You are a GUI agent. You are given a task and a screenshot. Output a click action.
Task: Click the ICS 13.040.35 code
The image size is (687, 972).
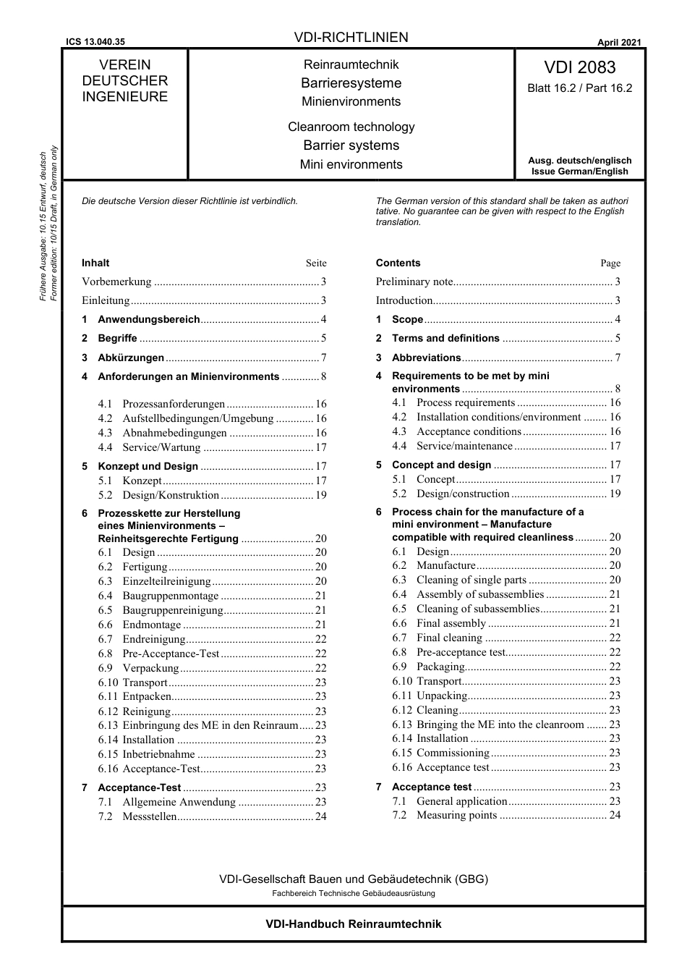coord(95,42)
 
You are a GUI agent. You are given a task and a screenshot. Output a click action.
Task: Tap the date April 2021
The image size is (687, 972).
coord(618,42)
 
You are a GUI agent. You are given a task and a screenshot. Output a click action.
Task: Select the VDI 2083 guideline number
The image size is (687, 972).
coord(579,67)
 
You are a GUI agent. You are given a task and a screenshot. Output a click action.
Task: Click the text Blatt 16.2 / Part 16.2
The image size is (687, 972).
coord(579,88)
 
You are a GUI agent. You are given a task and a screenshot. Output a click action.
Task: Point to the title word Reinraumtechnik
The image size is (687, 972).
coord(351,64)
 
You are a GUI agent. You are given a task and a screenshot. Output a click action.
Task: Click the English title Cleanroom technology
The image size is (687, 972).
coord(351,127)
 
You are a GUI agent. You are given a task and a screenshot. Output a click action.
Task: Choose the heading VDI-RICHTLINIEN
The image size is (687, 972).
coord(351,37)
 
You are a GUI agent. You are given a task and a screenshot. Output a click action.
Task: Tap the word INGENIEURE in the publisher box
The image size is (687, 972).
coord(124,97)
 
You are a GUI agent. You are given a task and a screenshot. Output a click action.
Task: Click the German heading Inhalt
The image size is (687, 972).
coord(95,263)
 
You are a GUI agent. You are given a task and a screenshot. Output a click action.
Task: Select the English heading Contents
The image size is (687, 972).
coord(398,263)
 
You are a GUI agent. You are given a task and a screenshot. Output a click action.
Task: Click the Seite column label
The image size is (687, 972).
coord(316,263)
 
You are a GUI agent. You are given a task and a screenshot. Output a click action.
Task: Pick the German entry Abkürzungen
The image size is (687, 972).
coord(131,358)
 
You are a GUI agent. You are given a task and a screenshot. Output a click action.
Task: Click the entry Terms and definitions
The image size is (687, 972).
coord(445,338)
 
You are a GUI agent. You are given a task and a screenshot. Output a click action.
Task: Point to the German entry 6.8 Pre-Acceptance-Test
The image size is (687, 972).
coord(171,654)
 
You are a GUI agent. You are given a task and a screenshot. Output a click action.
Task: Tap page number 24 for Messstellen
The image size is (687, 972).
coord(320,816)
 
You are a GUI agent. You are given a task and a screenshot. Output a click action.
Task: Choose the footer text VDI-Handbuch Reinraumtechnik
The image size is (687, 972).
coord(353,924)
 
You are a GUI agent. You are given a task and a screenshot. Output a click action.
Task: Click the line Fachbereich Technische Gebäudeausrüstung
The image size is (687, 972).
coord(353,893)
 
